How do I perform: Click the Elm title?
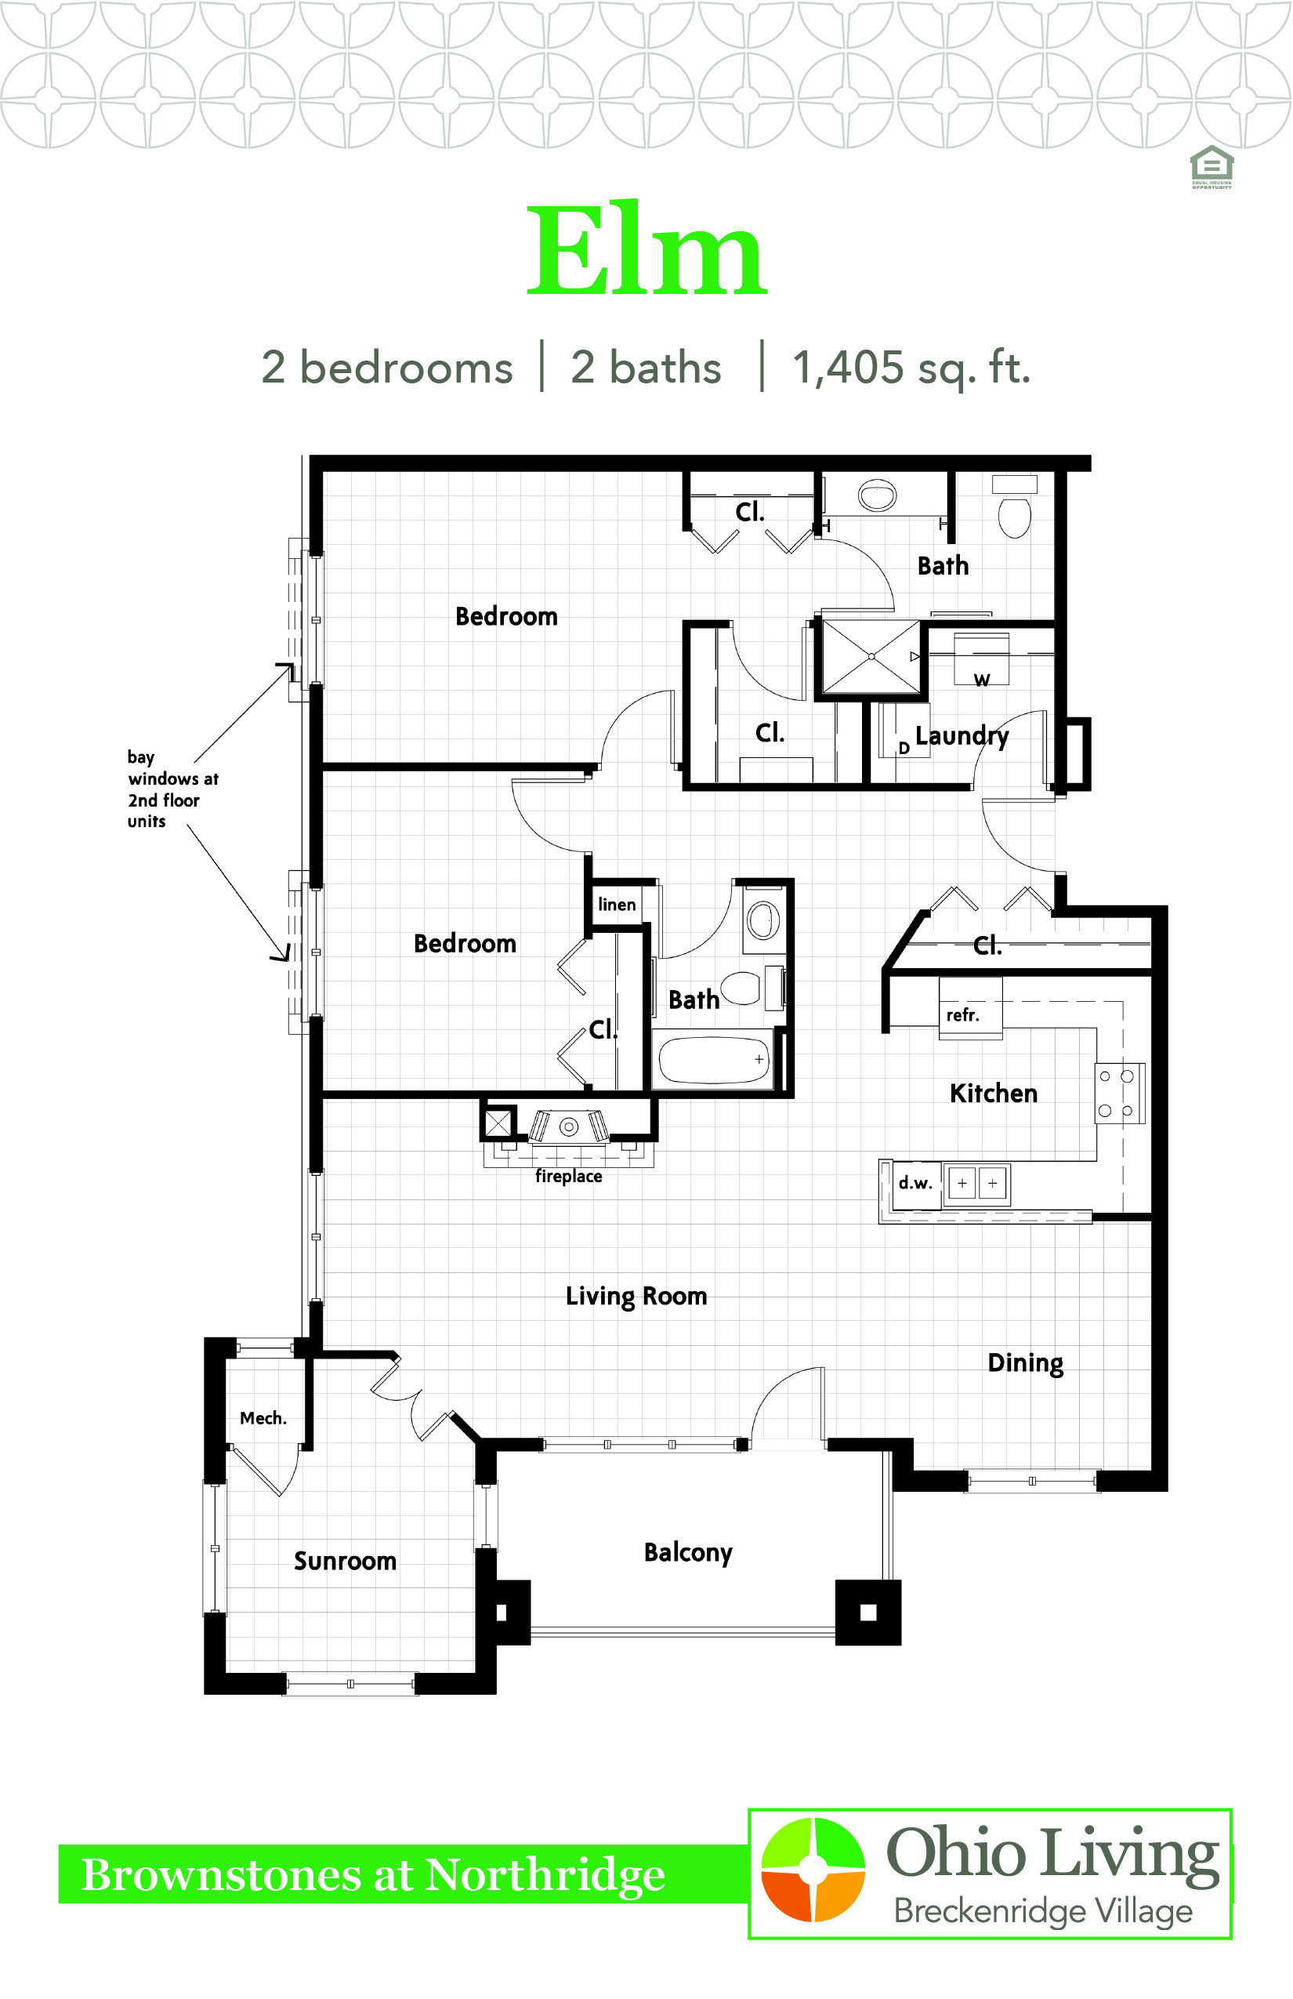(x=646, y=249)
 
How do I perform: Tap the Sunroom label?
(x=345, y=1561)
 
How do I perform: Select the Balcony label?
(x=688, y=1553)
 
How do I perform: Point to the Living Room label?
(x=636, y=1296)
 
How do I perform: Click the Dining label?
(x=1025, y=1363)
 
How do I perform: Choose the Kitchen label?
(x=994, y=1093)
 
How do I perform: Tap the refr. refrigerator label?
(x=962, y=1014)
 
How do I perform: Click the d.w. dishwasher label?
(x=915, y=1183)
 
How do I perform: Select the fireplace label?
(x=568, y=1176)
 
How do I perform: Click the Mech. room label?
(x=263, y=1418)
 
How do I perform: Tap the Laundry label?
(x=962, y=736)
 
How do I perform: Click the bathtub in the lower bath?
(x=713, y=1060)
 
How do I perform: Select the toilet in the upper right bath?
(x=1014, y=507)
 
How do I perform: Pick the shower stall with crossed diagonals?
(x=871, y=656)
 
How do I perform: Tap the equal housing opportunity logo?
(x=1212, y=166)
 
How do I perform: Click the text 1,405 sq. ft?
(x=911, y=367)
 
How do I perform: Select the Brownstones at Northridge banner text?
(x=374, y=1874)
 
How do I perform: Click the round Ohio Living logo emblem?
(x=812, y=1870)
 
